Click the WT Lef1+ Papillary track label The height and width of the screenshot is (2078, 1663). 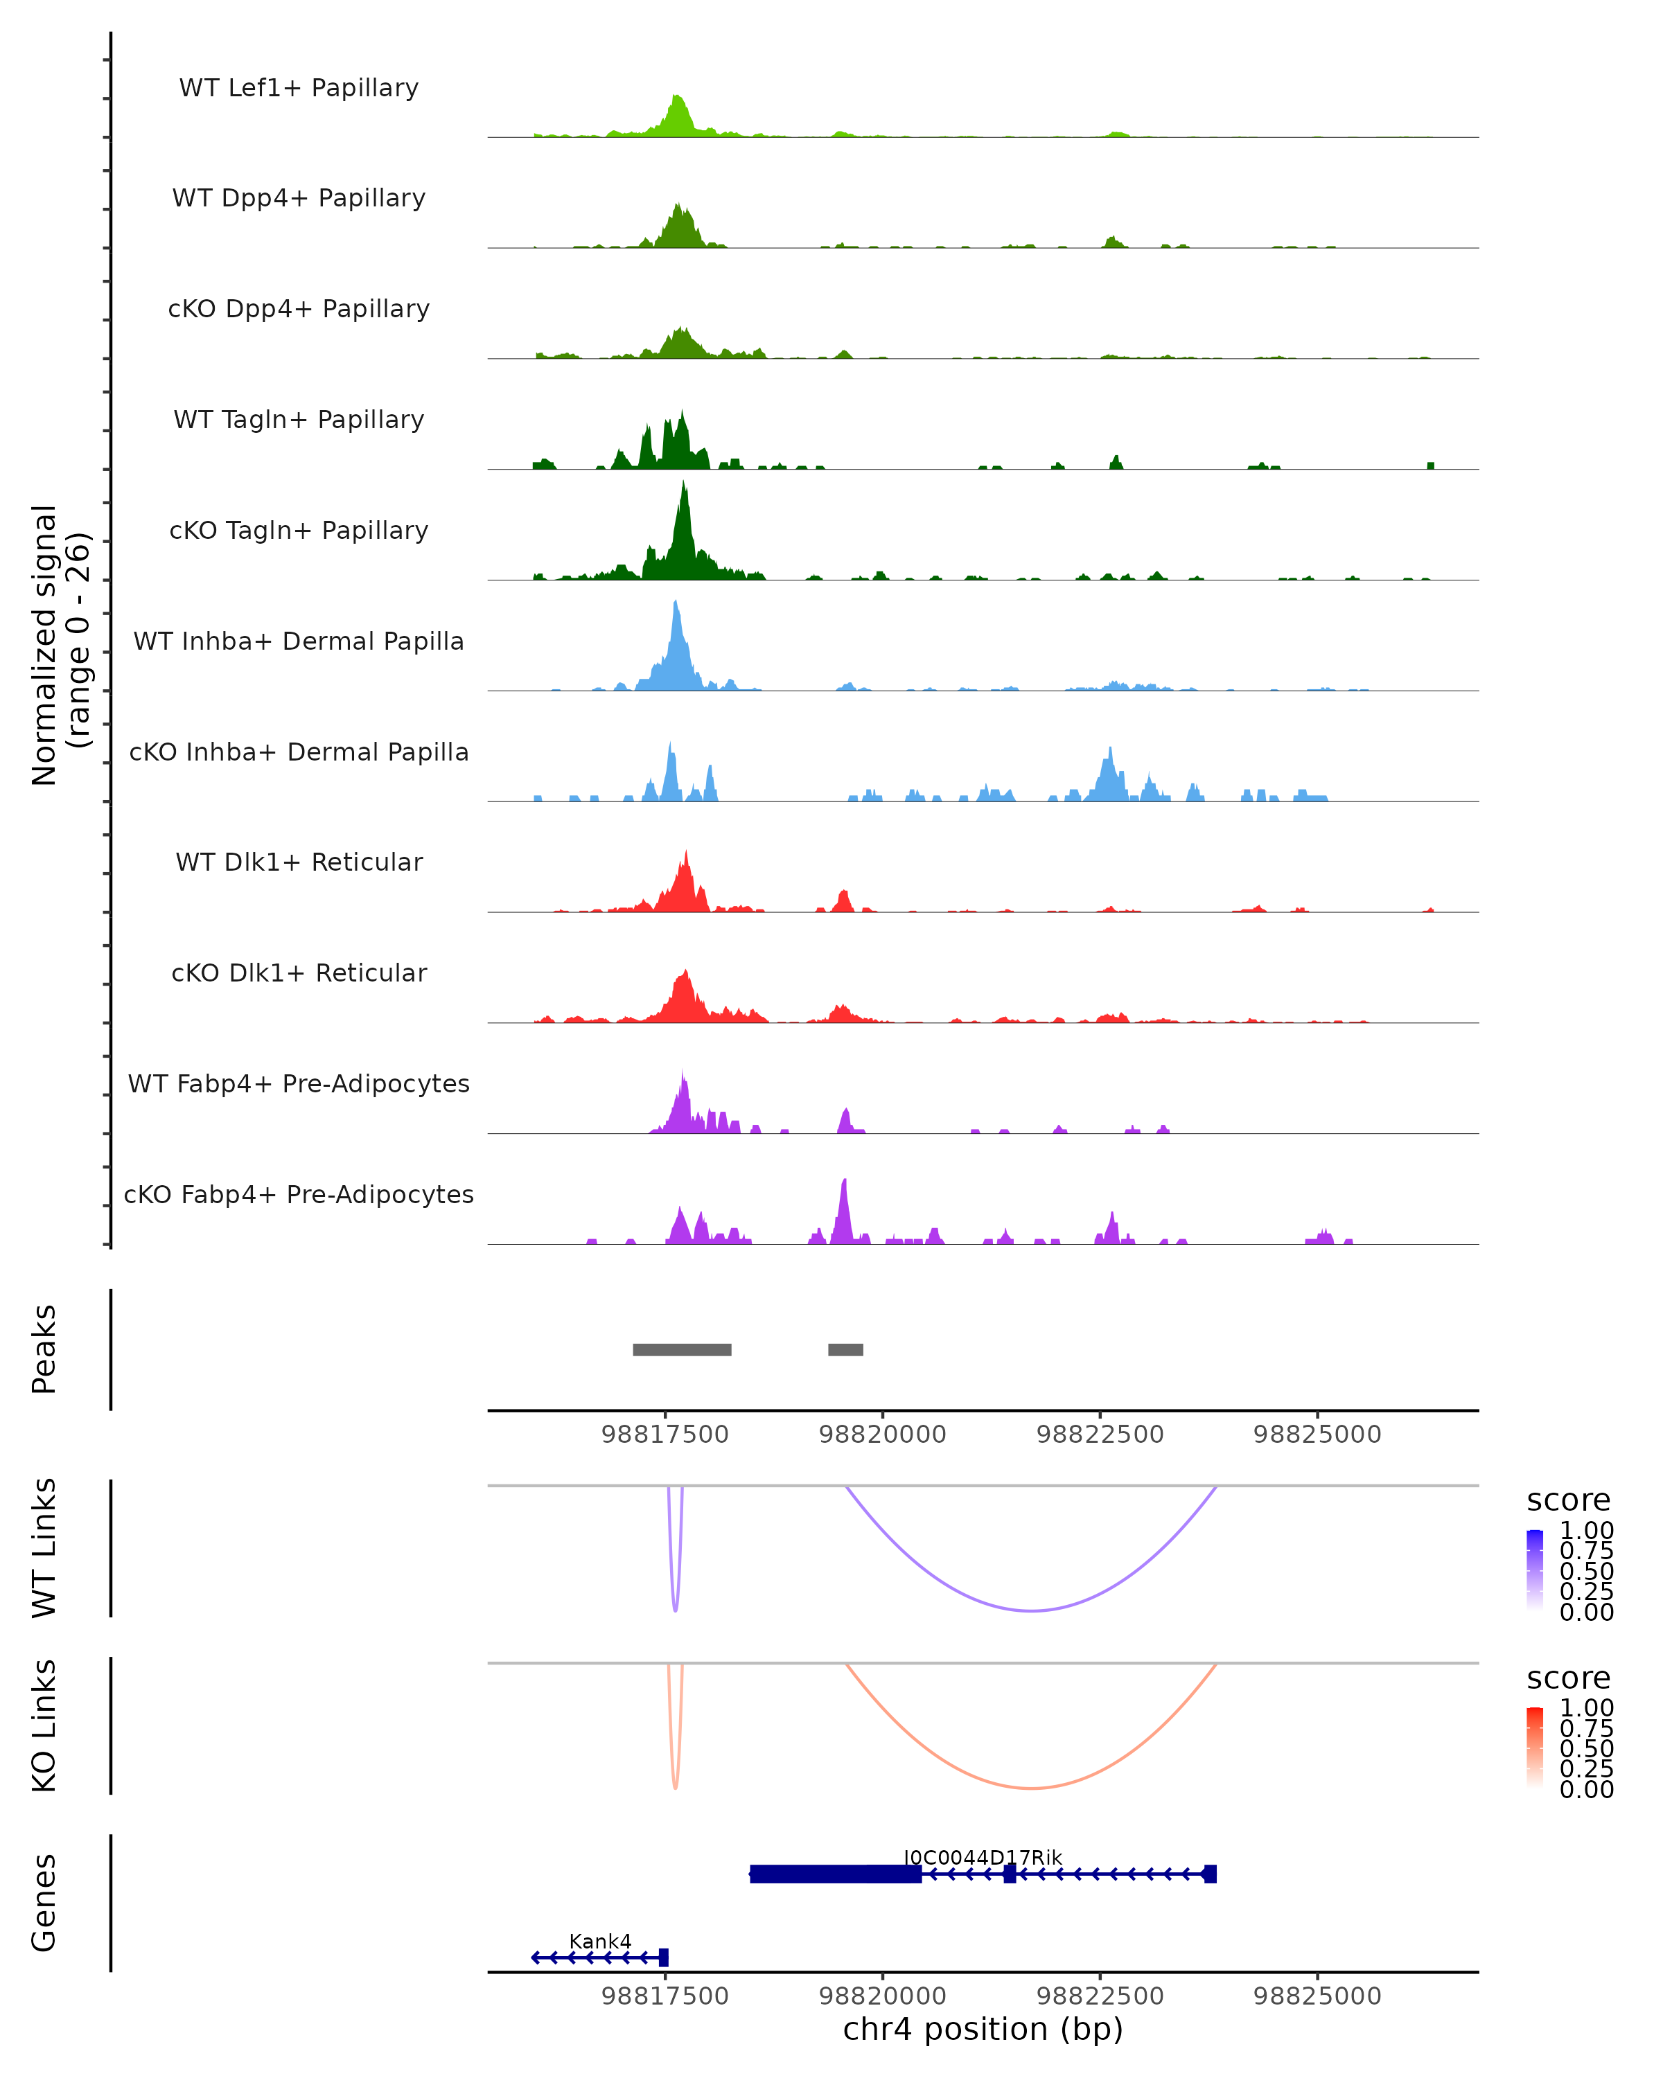[299, 88]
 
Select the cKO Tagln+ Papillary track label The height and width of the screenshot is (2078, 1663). [299, 530]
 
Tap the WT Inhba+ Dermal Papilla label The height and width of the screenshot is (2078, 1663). [299, 641]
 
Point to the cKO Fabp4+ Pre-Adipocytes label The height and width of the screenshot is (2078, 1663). [299, 1194]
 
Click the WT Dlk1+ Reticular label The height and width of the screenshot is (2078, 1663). [299, 862]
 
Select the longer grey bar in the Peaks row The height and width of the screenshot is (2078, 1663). [682, 1349]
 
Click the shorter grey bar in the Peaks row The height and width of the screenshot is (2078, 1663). [845, 1349]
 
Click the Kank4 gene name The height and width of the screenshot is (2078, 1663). [599, 1941]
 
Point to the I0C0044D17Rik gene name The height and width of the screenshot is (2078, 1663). [983, 1857]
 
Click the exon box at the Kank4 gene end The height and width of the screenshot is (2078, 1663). [663, 1957]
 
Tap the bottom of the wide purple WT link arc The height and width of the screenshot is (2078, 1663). [1032, 1610]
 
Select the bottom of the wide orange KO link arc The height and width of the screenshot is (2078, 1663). [1032, 1788]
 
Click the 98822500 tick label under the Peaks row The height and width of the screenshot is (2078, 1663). [1100, 1435]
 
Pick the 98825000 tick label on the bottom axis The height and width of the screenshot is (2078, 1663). [1317, 1996]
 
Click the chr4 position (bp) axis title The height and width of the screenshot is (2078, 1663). [983, 2030]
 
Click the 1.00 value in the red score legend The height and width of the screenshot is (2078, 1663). [1586, 1708]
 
